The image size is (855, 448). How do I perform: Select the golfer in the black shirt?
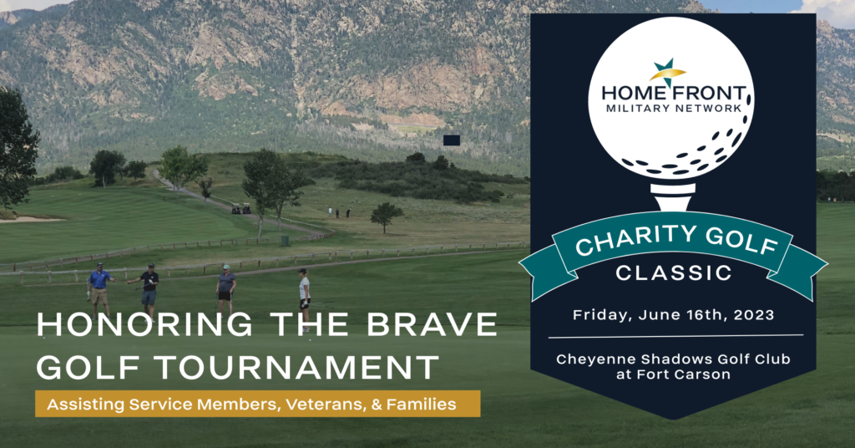click(x=149, y=284)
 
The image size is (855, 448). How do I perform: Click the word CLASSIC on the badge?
click(x=674, y=272)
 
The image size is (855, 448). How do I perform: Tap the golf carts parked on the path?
click(x=240, y=209)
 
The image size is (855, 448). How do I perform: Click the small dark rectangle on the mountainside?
click(x=452, y=140)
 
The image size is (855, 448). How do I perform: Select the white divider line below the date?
click(x=675, y=336)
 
